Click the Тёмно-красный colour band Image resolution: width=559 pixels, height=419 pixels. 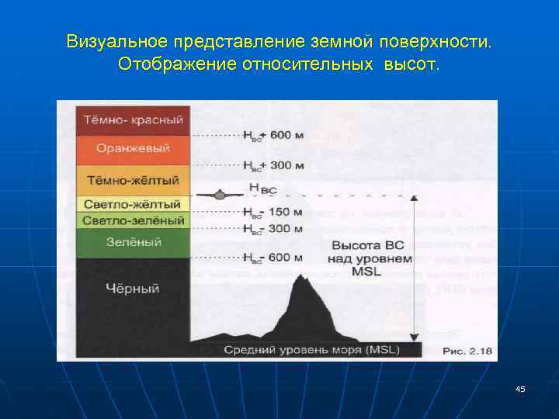(x=134, y=120)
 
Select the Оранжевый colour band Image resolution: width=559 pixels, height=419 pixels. (x=134, y=148)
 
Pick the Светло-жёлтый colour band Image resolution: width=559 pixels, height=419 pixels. (x=134, y=205)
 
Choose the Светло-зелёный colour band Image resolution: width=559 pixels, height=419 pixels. (x=134, y=220)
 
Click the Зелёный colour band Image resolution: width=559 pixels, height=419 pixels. (x=134, y=243)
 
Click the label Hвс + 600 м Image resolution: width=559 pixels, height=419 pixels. (x=273, y=136)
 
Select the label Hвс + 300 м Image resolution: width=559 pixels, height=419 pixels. (x=273, y=165)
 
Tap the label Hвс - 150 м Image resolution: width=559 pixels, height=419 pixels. (x=273, y=212)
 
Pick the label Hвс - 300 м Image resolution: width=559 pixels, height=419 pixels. (x=273, y=229)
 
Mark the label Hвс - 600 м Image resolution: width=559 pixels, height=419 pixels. (x=273, y=258)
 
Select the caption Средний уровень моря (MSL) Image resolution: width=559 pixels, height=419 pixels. (x=311, y=350)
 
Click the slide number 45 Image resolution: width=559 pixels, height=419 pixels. (x=519, y=389)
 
